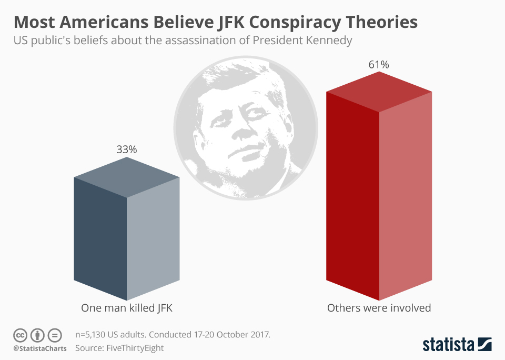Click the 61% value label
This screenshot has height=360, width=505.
click(x=379, y=65)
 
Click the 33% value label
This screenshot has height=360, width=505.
click(x=126, y=149)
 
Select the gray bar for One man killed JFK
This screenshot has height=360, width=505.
click(x=126, y=237)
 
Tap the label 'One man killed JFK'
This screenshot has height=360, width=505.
click(x=126, y=308)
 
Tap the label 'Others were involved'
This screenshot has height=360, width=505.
click(x=379, y=308)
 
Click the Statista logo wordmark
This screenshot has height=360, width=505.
click(x=448, y=345)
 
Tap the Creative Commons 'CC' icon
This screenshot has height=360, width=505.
click(x=20, y=335)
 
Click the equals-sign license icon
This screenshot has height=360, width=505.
click(x=54, y=335)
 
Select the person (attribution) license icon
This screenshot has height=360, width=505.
click(x=37, y=335)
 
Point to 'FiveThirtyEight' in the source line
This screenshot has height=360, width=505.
click(x=135, y=348)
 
